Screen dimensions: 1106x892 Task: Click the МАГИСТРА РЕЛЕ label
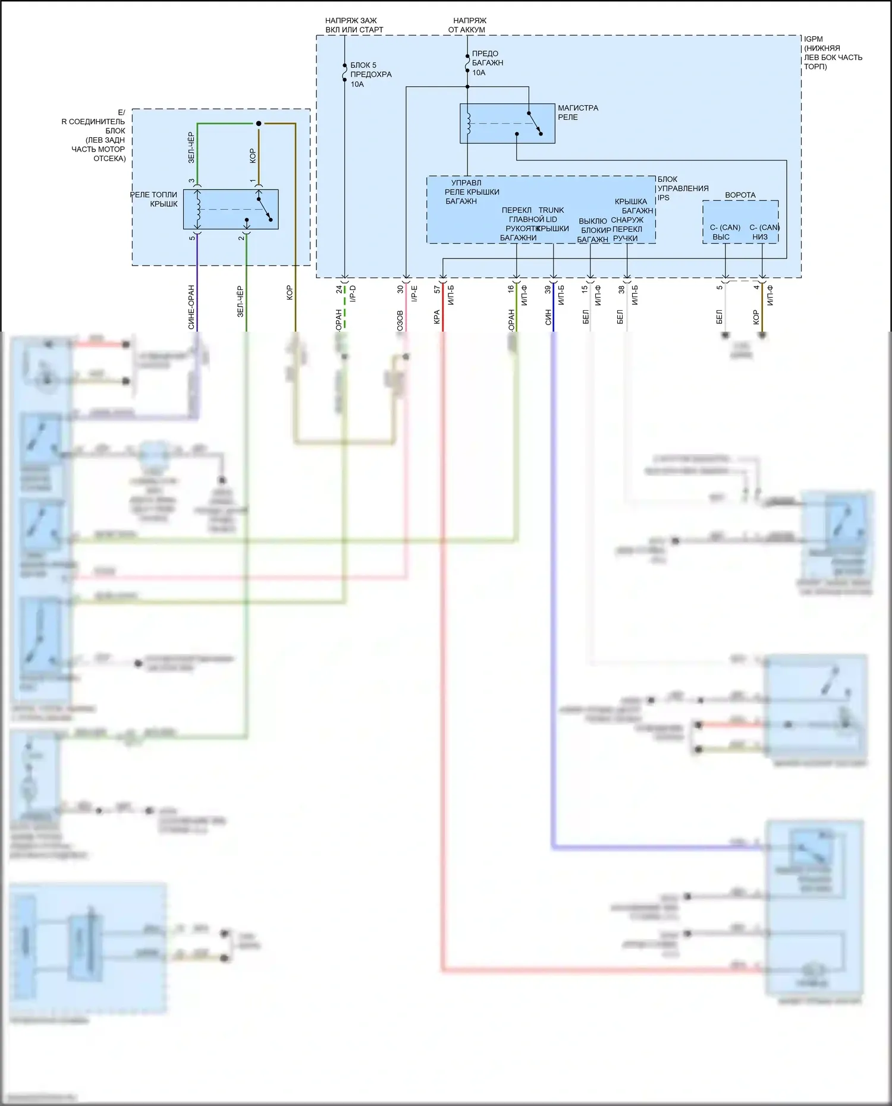(577, 112)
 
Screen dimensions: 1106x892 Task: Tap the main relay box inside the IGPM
(507, 124)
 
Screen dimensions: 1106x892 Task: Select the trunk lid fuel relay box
(231, 209)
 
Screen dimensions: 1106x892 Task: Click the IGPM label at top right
(833, 52)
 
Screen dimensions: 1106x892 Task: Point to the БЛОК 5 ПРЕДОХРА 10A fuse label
(370, 74)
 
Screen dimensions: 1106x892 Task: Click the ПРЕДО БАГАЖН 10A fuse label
(487, 62)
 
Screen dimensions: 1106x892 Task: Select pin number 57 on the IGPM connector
(437, 289)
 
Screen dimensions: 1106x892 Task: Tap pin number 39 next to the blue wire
(548, 289)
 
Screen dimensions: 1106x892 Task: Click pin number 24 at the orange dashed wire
(339, 289)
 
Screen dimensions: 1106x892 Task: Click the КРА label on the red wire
(437, 317)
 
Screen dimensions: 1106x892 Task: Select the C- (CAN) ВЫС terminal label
(724, 232)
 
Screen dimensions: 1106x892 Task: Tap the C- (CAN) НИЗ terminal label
(764, 232)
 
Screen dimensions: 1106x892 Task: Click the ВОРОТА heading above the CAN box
(740, 195)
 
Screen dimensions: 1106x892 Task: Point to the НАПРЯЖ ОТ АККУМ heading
(468, 25)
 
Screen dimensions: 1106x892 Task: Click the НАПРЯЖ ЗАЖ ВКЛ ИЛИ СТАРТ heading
(354, 25)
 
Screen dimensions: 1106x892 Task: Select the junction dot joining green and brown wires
(259, 124)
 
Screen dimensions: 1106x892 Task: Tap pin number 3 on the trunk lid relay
(191, 181)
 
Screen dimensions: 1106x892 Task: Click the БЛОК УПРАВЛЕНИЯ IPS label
(682, 188)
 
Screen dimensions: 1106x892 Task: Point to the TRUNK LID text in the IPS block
(551, 215)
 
